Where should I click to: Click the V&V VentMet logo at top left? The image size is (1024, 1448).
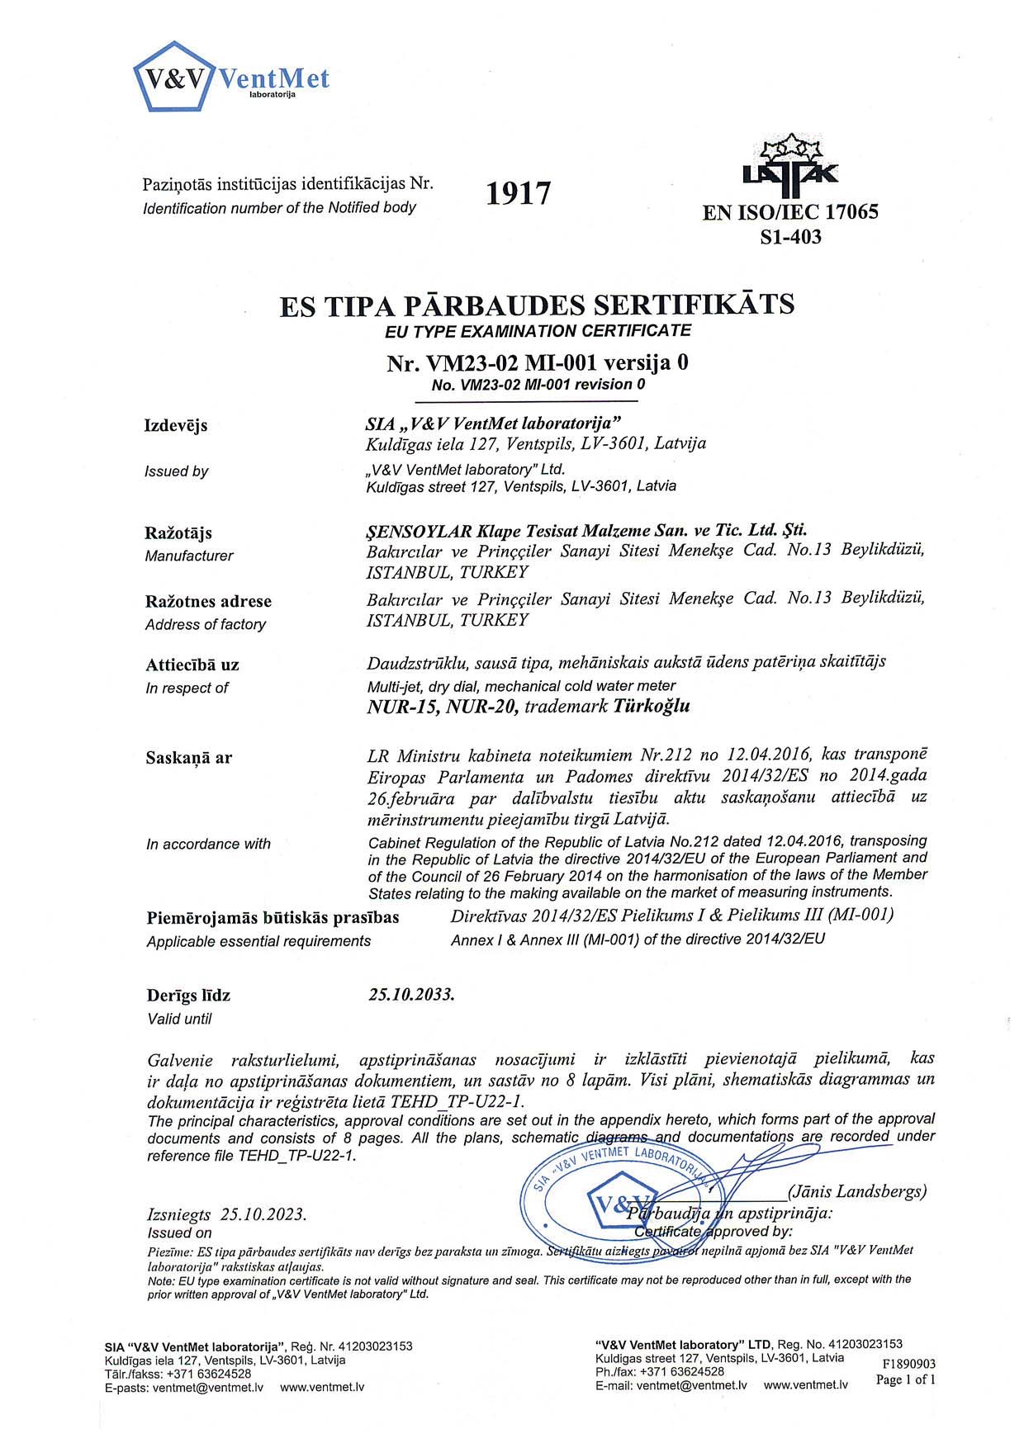click(230, 78)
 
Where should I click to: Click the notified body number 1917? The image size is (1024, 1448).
click(518, 194)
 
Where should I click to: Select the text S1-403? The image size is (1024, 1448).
click(790, 238)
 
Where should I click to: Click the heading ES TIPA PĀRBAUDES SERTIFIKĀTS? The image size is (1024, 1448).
click(537, 305)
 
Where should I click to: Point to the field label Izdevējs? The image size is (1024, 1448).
click(176, 426)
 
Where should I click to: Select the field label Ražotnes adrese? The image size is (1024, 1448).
click(208, 602)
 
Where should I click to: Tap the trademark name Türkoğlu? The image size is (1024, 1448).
click(652, 706)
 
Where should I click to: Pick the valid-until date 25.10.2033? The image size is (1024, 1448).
click(411, 994)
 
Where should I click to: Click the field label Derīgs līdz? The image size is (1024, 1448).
click(188, 996)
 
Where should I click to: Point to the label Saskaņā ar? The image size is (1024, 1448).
click(189, 758)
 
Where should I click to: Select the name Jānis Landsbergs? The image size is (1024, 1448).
click(857, 1191)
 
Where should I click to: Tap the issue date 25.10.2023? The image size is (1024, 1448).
click(263, 1214)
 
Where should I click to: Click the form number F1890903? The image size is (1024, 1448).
click(908, 1364)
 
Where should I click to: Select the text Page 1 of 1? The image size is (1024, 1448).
click(906, 1379)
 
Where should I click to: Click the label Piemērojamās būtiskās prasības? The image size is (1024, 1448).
click(273, 918)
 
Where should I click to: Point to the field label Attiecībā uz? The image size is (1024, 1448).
click(192, 665)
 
